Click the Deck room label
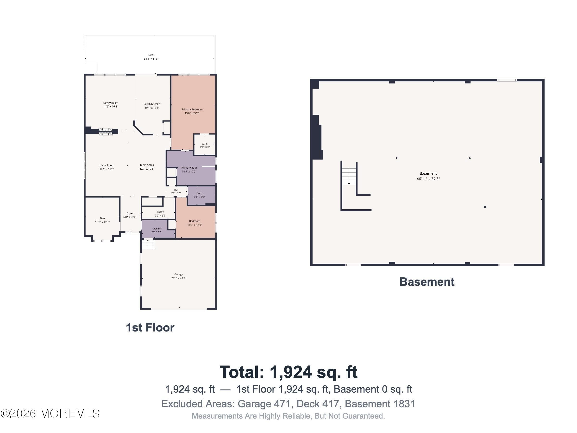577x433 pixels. (x=151, y=55)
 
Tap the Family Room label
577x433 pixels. (x=110, y=103)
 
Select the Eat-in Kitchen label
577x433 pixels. (x=152, y=104)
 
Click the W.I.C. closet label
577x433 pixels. (x=205, y=144)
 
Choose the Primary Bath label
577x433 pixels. (x=189, y=168)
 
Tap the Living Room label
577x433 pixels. (x=107, y=166)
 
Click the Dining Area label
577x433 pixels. (x=147, y=165)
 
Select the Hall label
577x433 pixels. (x=176, y=190)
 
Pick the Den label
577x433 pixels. (x=102, y=218)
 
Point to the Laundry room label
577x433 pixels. (x=157, y=229)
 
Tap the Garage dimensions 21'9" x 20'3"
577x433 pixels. (x=178, y=278)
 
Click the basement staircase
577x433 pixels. (x=349, y=177)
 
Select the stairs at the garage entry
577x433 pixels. (x=148, y=244)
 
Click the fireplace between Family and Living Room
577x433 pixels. (x=105, y=132)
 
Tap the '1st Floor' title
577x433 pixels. (x=150, y=328)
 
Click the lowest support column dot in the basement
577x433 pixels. (x=485, y=207)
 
